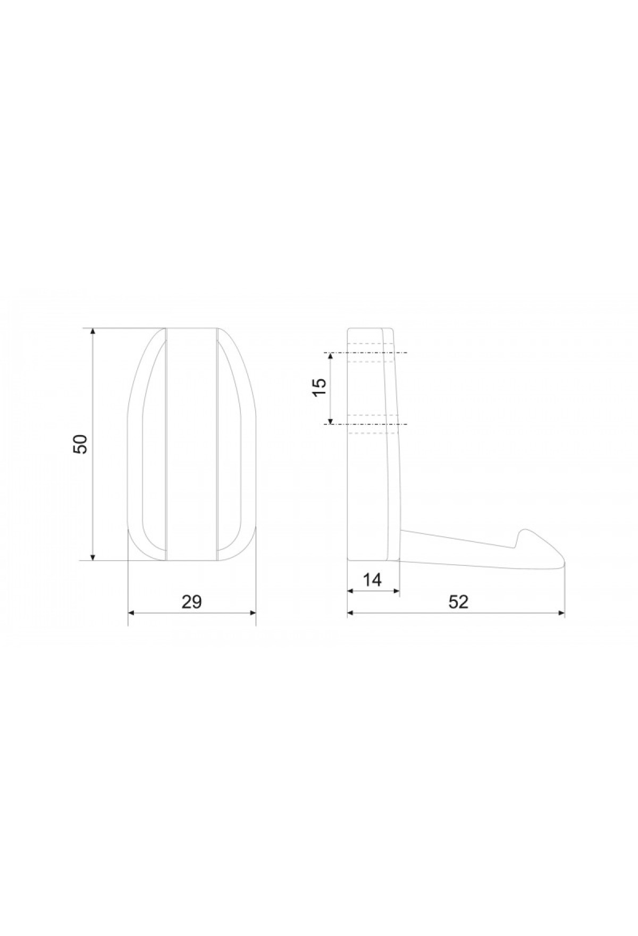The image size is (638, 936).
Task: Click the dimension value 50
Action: (80, 444)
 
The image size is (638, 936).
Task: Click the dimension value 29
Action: (192, 601)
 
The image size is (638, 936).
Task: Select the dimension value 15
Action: (319, 388)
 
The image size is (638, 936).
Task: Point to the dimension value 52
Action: (458, 601)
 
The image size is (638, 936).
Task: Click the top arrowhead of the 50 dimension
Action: (93, 332)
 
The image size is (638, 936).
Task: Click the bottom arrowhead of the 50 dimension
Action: (93, 556)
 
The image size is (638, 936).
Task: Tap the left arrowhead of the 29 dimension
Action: (132, 613)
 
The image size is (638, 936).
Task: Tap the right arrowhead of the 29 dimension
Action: (252, 613)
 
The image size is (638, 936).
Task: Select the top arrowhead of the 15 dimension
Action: (330, 356)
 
